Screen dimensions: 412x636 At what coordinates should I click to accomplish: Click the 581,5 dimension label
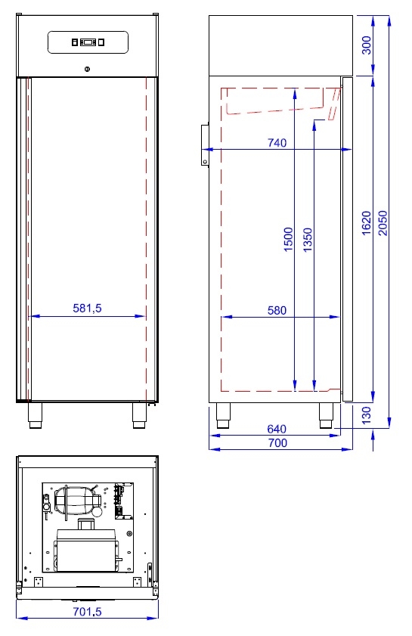pos(87,309)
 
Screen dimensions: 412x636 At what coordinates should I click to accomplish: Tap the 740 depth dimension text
pos(277,143)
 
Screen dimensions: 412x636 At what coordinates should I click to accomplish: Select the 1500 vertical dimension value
pos(288,239)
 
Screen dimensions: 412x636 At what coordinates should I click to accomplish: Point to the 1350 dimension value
pos(308,239)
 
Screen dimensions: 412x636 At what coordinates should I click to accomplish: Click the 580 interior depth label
pos(277,310)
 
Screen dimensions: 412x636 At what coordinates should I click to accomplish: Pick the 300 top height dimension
pos(366,45)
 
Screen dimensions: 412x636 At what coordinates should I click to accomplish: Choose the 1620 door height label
pos(366,222)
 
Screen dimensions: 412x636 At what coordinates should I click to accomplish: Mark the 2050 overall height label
pos(383,222)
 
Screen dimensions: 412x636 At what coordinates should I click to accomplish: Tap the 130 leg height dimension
pos(366,415)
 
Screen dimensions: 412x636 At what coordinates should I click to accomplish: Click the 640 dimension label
pos(277,429)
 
